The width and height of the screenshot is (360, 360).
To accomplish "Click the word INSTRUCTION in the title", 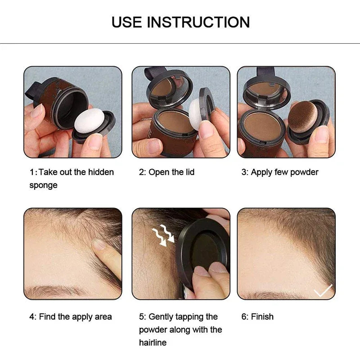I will [198, 22].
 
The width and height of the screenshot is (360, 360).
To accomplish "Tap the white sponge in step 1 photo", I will [90, 120].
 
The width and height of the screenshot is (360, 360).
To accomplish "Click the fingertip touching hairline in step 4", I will [99, 245].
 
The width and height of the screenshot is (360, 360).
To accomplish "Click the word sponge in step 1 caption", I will [43, 185].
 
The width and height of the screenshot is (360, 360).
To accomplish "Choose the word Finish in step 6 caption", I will [262, 316].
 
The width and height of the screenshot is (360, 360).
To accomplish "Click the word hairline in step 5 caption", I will [153, 342].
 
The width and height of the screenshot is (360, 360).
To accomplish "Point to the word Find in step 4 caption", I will [47, 316].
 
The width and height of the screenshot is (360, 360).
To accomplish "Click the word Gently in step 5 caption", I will [164, 316].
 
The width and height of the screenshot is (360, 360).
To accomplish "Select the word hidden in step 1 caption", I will [101, 172].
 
